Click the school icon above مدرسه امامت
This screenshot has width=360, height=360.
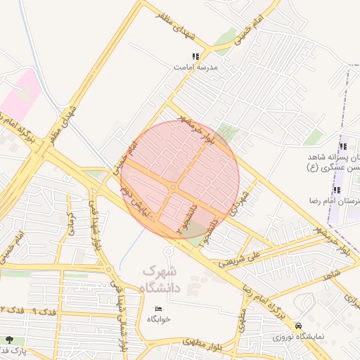tap(195, 56)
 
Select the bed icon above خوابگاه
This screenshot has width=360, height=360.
tap(158, 309)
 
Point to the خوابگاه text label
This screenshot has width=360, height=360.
tap(159, 319)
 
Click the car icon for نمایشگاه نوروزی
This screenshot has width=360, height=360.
tap(300, 326)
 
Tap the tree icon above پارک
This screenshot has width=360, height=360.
tap(8, 340)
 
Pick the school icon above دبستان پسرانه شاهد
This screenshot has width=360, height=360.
tap(343, 146)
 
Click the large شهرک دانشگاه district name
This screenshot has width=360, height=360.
tap(161, 278)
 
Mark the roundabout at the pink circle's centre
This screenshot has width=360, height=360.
tap(172, 187)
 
